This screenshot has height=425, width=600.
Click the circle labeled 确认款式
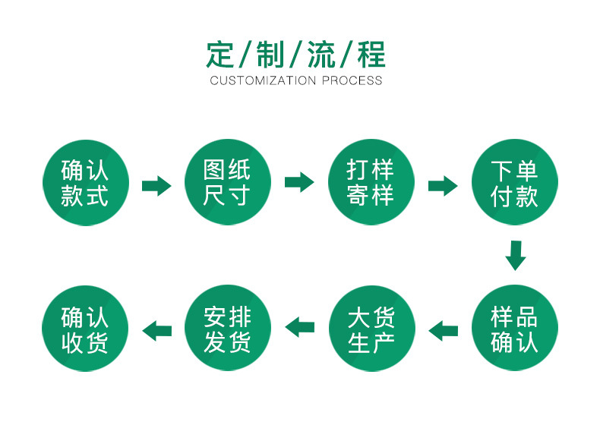click(84, 183)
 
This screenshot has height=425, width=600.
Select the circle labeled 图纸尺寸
click(227, 183)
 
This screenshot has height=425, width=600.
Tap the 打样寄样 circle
click(371, 183)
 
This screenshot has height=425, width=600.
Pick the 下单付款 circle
click(515, 183)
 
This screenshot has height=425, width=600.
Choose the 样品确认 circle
click(515, 329)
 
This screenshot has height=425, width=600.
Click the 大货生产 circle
click(371, 329)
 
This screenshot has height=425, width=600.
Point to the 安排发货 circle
click(227, 329)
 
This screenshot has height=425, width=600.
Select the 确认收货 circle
click(84, 329)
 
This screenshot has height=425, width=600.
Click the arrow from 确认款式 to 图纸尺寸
click(156, 184)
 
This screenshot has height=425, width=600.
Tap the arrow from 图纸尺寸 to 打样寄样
click(299, 182)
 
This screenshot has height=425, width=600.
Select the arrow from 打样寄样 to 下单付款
click(443, 185)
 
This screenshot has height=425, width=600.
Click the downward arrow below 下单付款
click(516, 256)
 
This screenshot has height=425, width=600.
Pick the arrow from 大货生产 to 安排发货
click(299, 326)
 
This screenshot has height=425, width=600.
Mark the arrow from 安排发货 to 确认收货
click(156, 329)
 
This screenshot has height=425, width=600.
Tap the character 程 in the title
click(371, 55)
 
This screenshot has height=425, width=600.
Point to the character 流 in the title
click(321, 55)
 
